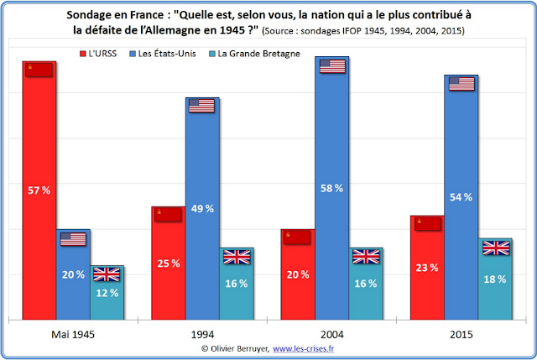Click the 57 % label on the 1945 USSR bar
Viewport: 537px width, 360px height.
click(39, 190)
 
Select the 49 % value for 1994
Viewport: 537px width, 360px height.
click(202, 208)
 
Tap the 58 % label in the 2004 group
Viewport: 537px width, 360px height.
click(331, 189)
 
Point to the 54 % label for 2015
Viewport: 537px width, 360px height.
click(462, 196)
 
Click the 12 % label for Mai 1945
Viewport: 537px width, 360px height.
click(107, 292)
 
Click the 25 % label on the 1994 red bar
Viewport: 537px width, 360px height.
click(169, 263)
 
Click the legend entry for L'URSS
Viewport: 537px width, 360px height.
click(108, 54)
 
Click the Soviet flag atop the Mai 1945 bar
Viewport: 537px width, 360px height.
click(39, 70)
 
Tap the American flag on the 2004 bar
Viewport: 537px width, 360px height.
click(332, 66)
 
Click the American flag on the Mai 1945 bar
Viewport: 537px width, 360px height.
click(73, 239)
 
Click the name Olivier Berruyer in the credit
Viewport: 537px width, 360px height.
click(238, 348)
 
